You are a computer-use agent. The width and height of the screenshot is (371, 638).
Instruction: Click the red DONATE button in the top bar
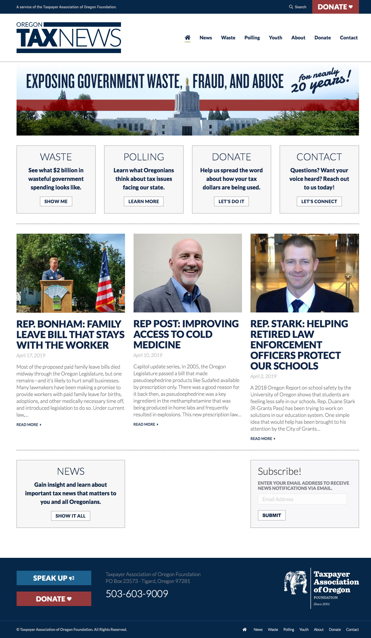(x=335, y=7)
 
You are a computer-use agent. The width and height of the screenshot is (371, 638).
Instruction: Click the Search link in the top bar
(x=298, y=7)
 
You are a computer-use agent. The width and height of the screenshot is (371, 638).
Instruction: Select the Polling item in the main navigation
(x=252, y=38)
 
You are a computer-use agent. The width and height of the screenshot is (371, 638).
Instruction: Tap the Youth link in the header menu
(x=275, y=38)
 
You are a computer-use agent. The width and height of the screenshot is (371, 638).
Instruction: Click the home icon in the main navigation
(x=187, y=38)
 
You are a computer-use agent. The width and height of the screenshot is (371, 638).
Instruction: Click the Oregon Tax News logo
(x=69, y=38)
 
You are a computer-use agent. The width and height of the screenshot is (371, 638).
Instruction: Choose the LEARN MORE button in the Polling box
(x=144, y=201)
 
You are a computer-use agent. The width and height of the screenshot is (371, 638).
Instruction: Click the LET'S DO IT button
(x=231, y=201)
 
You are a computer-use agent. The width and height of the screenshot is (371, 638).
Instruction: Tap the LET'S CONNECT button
(x=319, y=201)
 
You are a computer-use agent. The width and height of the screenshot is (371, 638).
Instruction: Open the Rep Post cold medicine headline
(x=186, y=334)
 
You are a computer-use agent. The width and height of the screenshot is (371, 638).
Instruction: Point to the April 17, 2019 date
(x=31, y=356)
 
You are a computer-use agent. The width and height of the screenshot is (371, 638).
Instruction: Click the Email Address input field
(x=302, y=499)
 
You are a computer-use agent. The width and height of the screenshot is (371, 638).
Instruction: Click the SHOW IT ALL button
(x=70, y=516)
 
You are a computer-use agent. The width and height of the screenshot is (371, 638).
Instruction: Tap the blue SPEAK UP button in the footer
(x=54, y=578)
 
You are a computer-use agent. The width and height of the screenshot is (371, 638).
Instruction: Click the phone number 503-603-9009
(x=137, y=594)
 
